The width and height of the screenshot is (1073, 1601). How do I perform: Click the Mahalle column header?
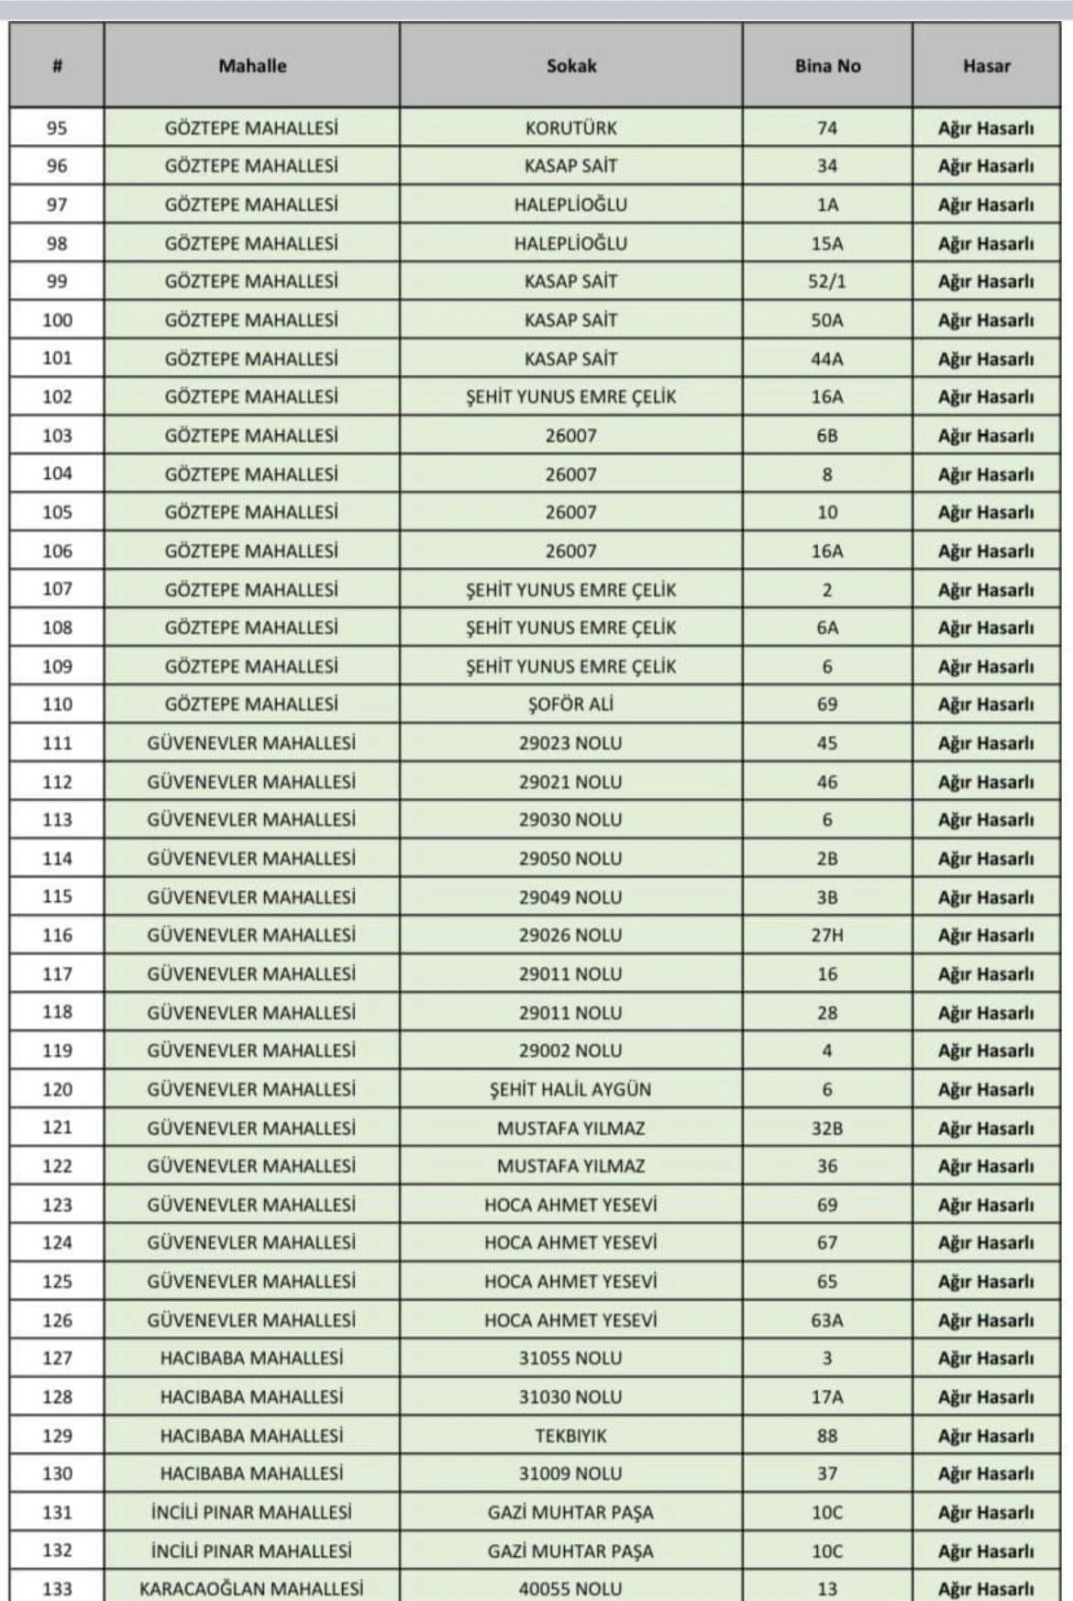[252, 66]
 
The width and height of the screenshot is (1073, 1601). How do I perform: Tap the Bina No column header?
[827, 66]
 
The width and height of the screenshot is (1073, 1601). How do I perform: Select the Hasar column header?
[986, 66]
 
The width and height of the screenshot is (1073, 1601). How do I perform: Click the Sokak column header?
[571, 66]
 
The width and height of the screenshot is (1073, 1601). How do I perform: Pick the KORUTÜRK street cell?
[571, 128]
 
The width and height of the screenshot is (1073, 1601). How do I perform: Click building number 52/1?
[827, 281]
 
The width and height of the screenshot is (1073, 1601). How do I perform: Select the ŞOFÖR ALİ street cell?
[571, 704]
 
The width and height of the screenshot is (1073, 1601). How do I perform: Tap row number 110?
[57, 704]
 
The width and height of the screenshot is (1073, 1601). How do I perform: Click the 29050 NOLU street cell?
[570, 858]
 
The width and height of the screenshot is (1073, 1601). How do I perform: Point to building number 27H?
[827, 935]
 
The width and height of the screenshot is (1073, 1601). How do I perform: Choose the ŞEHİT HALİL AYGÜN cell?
[570, 1089]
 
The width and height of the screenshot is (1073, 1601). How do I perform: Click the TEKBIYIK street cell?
[570, 1435]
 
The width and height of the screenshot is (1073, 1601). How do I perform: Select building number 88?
[827, 1435]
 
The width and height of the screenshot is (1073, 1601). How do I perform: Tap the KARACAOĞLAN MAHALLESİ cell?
[251, 1588]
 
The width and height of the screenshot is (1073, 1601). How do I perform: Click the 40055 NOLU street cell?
[570, 1588]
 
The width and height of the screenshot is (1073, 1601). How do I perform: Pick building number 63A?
[827, 1319]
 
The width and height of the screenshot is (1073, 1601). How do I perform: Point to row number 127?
[57, 1358]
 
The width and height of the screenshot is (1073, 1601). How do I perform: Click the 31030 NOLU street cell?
[570, 1396]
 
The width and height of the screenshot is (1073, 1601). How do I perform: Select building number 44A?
[827, 359]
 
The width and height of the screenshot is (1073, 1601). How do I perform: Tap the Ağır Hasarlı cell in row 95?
[986, 128]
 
